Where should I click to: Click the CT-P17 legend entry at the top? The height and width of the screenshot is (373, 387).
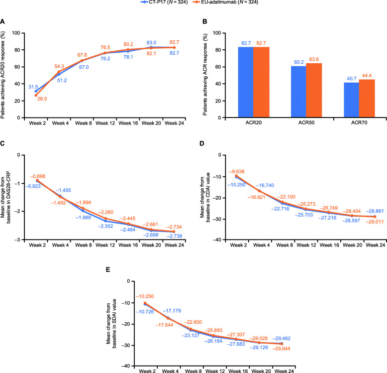(x=149, y=3)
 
